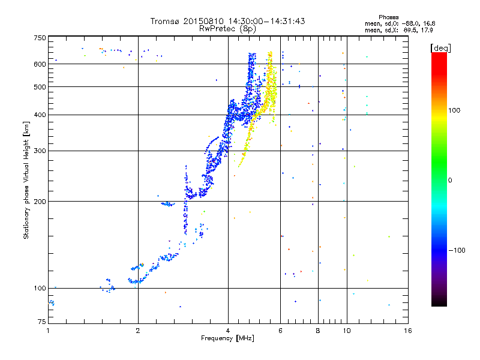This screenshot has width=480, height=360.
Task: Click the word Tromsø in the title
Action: click(x=165, y=21)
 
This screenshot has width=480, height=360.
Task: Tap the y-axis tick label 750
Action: click(x=40, y=38)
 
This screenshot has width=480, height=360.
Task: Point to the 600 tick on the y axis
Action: click(x=40, y=64)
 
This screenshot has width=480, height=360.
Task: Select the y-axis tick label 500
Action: click(x=40, y=87)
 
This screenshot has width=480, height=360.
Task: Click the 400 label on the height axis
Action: click(x=40, y=115)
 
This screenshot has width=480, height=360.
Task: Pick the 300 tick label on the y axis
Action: click(x=40, y=151)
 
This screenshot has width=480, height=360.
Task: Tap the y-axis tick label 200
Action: click(x=40, y=202)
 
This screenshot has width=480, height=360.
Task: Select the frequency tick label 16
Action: click(x=407, y=331)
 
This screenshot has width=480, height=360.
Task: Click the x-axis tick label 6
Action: click(x=281, y=331)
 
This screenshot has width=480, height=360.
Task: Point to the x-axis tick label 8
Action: click(x=318, y=331)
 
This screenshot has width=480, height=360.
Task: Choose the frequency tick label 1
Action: click(x=48, y=331)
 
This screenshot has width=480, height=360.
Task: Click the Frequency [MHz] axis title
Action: click(x=227, y=338)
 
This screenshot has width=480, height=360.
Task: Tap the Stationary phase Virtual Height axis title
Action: click(x=26, y=181)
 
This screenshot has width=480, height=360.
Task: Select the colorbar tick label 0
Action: click(x=451, y=180)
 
